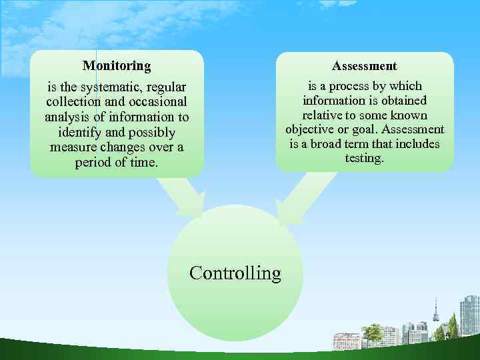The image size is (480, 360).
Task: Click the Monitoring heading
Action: point(117,66)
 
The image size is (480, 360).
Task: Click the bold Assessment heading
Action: point(364,66)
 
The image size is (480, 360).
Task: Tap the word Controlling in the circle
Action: point(235,273)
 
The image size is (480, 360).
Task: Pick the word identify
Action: point(80,132)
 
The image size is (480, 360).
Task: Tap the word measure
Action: point(72,147)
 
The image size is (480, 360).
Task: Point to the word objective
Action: point(309,129)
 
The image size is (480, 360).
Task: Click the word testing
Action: point(364,159)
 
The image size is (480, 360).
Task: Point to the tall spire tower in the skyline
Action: point(436,310)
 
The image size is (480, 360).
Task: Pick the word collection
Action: point(73,102)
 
